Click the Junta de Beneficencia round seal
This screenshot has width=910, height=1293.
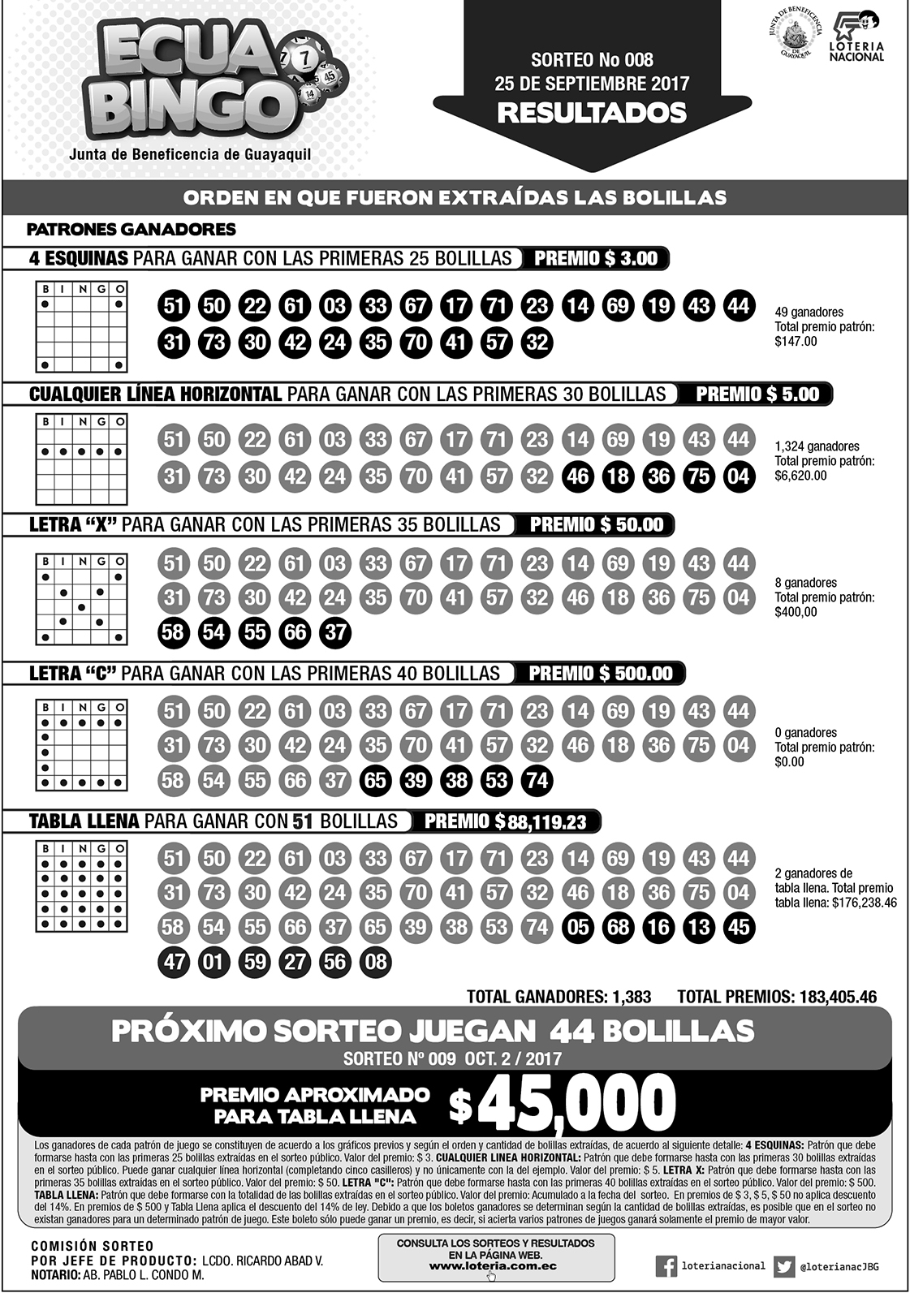coord(793,36)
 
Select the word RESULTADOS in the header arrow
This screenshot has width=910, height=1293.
coord(592,113)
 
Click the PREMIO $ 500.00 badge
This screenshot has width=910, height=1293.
coord(600,674)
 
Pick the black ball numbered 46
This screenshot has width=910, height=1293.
coord(577,476)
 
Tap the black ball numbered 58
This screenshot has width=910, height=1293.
coord(173,631)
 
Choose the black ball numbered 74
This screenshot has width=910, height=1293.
coord(537,781)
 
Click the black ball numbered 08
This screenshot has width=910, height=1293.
coord(375,962)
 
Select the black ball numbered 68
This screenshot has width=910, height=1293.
coord(618,926)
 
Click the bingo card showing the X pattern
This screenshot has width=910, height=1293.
coord(82,599)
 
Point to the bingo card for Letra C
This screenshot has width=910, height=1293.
coord(82,745)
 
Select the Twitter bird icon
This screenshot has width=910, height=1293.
coord(783,1265)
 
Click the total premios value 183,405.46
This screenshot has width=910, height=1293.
coord(837,997)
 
